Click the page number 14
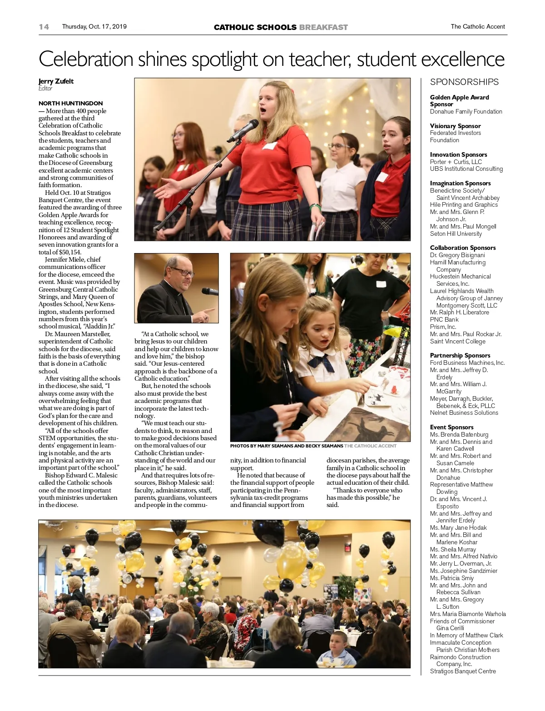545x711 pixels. point(44,27)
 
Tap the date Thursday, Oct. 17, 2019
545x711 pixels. point(94,27)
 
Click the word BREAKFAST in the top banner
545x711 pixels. point(323,27)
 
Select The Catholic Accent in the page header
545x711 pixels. point(477,27)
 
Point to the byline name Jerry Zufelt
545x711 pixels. point(56,81)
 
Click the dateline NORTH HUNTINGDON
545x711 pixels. point(70,103)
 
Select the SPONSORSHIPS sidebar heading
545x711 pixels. point(464,82)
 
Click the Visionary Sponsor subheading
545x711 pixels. point(455,126)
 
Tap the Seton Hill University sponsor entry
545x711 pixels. point(456,234)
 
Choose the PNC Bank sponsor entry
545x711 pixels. point(444,319)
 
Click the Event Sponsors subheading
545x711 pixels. point(451,427)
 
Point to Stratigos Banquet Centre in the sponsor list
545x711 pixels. point(463,671)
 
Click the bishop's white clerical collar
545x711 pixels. point(178,293)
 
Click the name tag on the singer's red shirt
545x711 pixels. point(269,146)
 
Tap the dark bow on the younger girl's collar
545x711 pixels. point(323,362)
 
